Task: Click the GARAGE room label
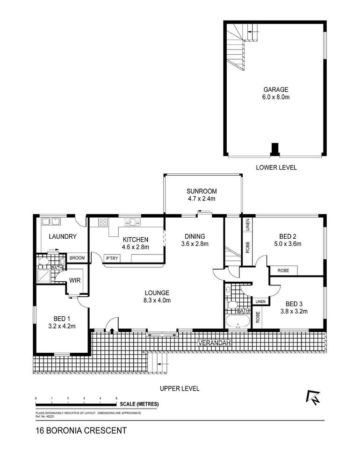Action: coord(275,90)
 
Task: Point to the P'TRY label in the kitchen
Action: coord(111,258)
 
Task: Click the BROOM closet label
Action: coord(77,258)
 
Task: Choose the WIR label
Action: coord(75,281)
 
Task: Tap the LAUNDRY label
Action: coord(63,237)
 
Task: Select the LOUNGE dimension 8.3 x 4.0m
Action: coord(157,300)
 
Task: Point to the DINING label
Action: coord(194,236)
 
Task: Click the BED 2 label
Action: coord(287,236)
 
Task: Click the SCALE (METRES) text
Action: coord(139,404)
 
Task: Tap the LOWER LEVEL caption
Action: coord(276,167)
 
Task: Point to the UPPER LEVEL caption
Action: coord(180,388)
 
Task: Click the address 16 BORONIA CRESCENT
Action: coord(81,431)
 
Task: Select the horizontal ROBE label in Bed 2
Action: coord(283,271)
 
